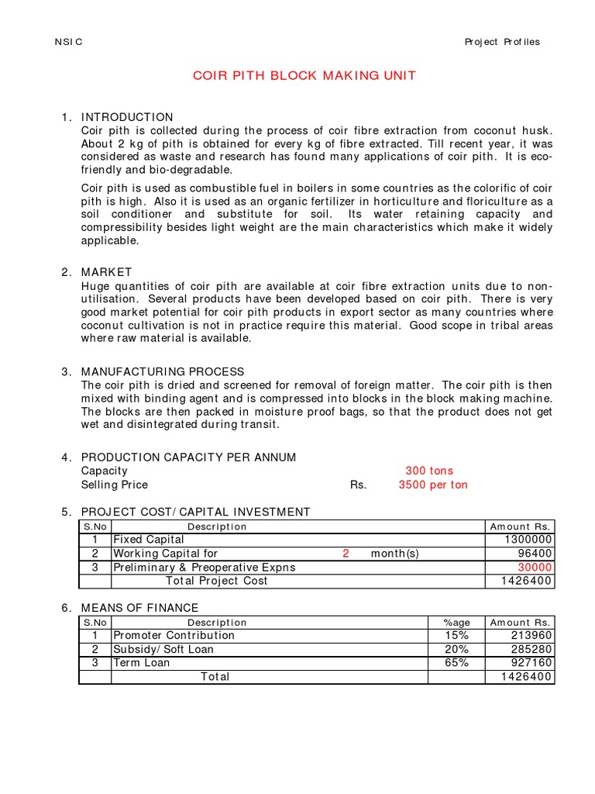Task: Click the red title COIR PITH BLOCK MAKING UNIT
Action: pyautogui.click(x=304, y=75)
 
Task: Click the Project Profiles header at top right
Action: pyautogui.click(x=502, y=42)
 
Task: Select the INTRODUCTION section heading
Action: pyautogui.click(x=127, y=117)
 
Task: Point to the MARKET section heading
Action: pyautogui.click(x=106, y=272)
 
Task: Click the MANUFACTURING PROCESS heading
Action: pyautogui.click(x=163, y=371)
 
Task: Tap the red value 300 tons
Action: pyautogui.click(x=429, y=471)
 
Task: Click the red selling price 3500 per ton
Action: pyautogui.click(x=433, y=485)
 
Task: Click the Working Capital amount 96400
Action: pyautogui.click(x=535, y=554)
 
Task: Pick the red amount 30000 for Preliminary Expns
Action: pyautogui.click(x=535, y=568)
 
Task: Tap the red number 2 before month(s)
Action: pyautogui.click(x=346, y=554)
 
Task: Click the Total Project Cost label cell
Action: pyautogui.click(x=217, y=581)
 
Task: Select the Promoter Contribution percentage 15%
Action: pyautogui.click(x=456, y=635)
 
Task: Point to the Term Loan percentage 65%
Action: pyautogui.click(x=456, y=663)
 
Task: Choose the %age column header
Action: pyautogui.click(x=456, y=622)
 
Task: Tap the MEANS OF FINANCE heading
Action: pyautogui.click(x=139, y=608)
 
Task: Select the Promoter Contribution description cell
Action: pyautogui.click(x=174, y=635)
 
